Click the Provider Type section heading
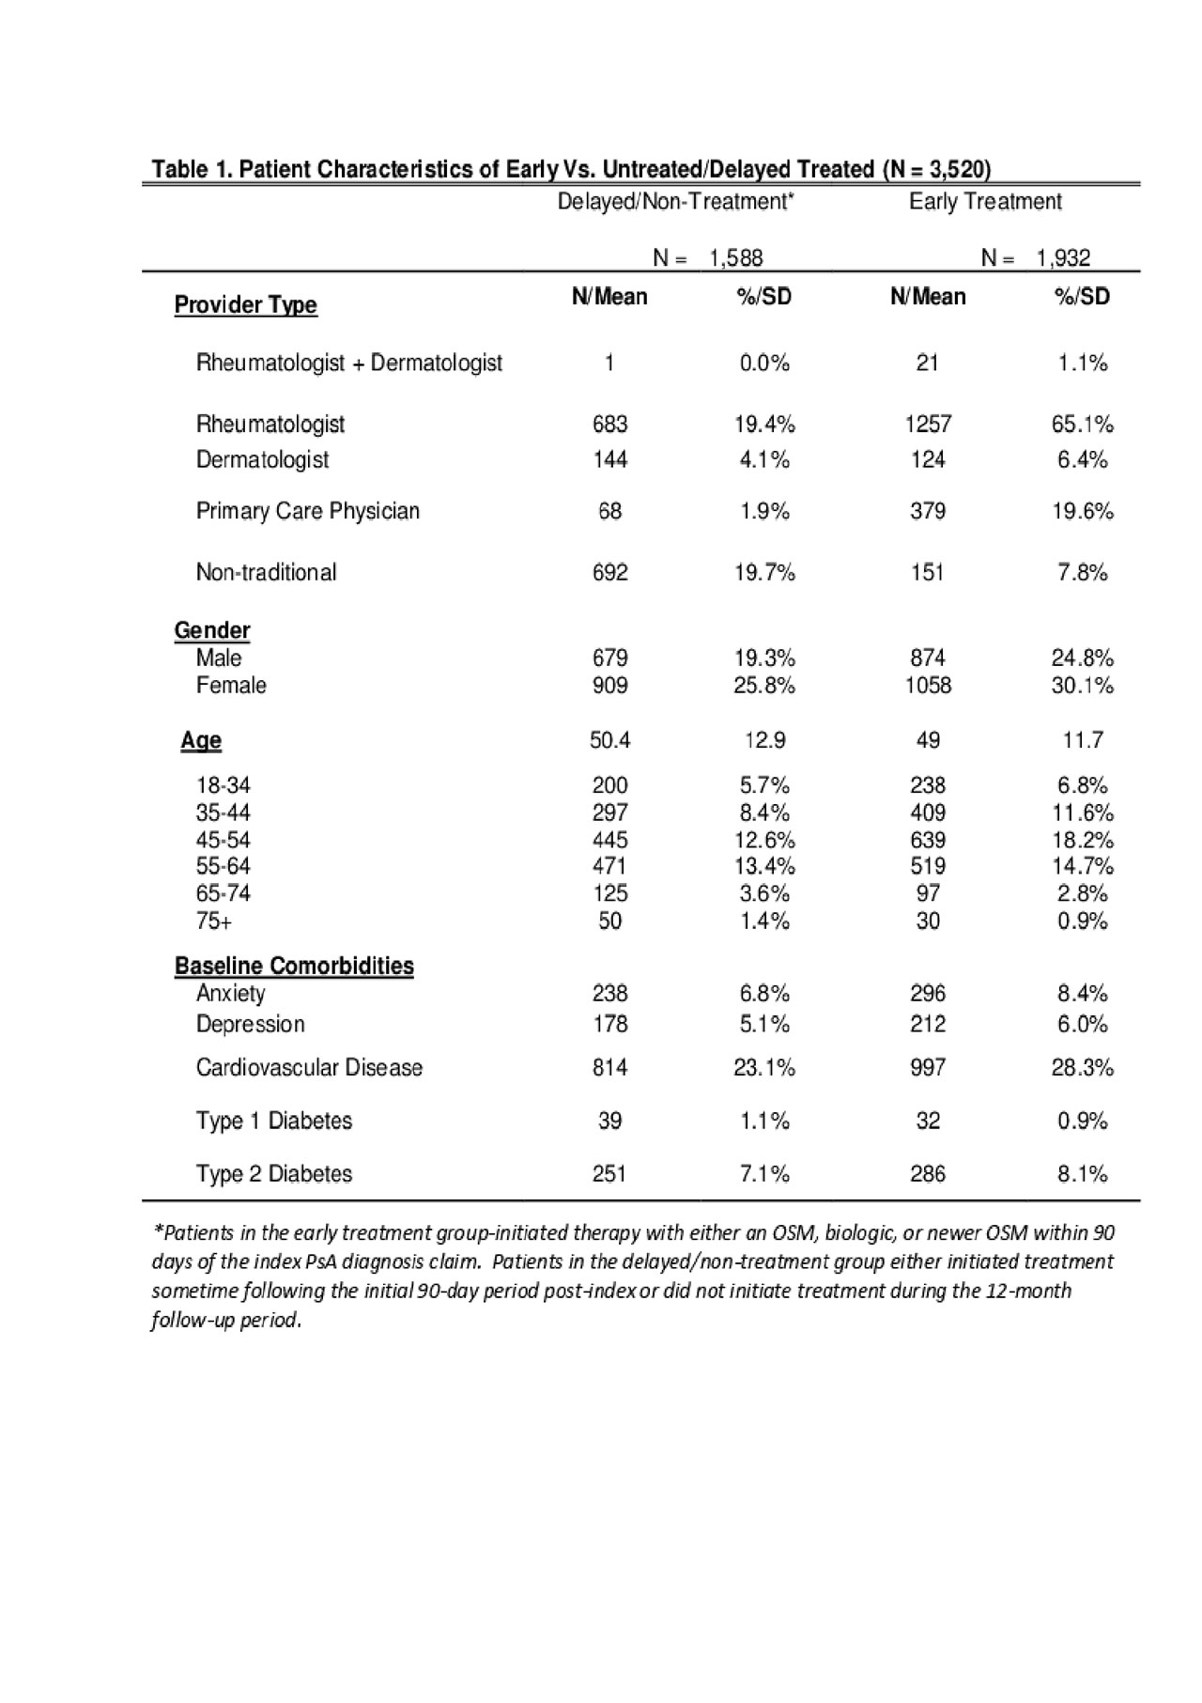point(245,305)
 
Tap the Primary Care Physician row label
point(307,511)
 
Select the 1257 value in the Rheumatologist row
point(928,425)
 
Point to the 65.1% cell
point(1082,425)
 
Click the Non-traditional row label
point(266,572)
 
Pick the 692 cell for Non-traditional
point(609,572)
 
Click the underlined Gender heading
point(212,630)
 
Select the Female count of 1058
point(928,686)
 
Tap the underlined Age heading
point(201,740)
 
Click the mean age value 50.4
point(609,740)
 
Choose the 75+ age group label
point(214,921)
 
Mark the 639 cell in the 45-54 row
point(928,840)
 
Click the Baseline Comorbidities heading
point(294,966)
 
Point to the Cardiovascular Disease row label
point(309,1067)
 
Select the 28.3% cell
point(1082,1067)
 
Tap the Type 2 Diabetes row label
point(273,1173)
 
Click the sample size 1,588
point(736,258)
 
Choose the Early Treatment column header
point(985,202)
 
